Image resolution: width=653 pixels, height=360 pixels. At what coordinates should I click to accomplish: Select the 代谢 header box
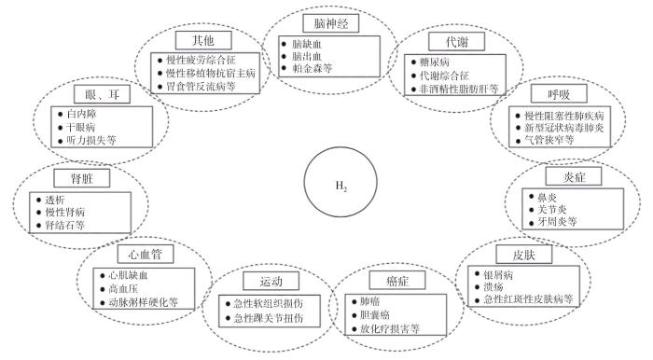point(442,41)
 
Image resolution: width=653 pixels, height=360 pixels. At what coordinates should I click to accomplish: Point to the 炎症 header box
point(569,176)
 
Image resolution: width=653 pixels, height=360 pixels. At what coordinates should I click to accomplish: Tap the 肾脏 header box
point(68,176)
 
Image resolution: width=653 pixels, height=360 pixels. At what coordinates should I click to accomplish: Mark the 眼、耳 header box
point(99,94)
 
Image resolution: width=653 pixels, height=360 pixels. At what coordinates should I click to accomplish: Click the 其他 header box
point(203,41)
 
